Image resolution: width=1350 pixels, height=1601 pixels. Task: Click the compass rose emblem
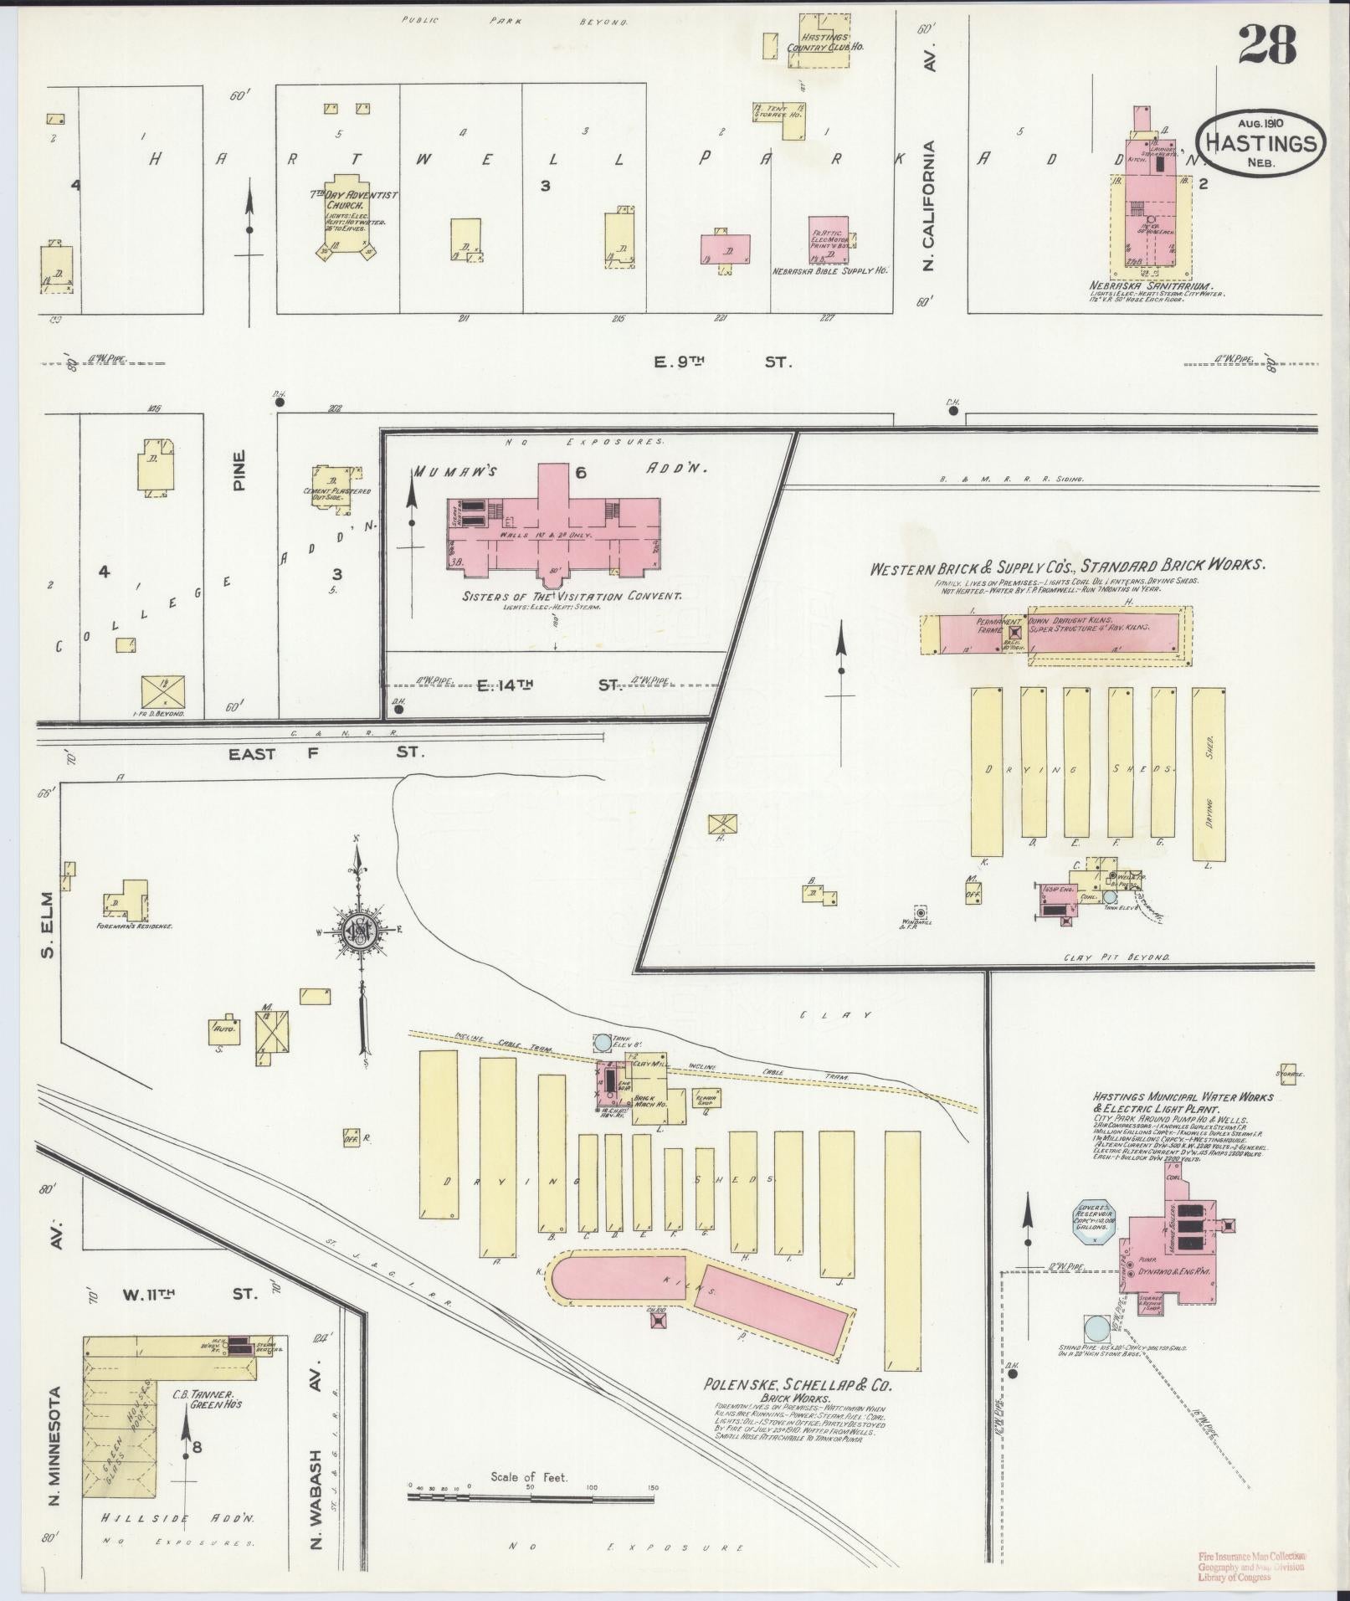click(x=361, y=929)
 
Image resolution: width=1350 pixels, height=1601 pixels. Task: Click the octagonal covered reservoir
click(x=1093, y=1226)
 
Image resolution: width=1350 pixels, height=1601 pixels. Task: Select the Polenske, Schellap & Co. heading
click(x=798, y=1385)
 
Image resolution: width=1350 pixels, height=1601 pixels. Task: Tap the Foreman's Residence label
click(x=134, y=926)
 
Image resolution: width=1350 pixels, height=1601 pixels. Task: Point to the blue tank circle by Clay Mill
click(x=603, y=1044)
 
